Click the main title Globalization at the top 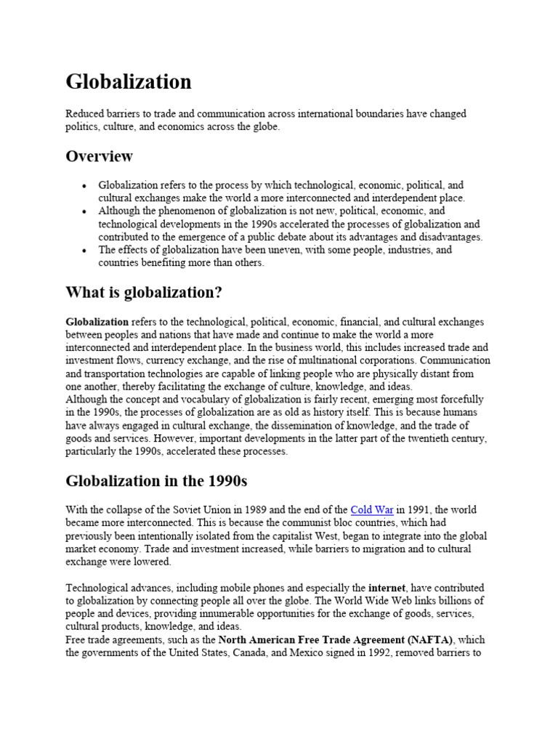tap(129, 82)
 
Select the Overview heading tap(99, 156)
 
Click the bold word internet tap(386, 587)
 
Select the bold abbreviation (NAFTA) tap(429, 639)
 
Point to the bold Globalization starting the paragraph tap(97, 321)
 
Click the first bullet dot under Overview tap(85, 186)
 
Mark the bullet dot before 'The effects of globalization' tap(85, 251)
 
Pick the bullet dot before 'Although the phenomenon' tap(85, 211)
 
